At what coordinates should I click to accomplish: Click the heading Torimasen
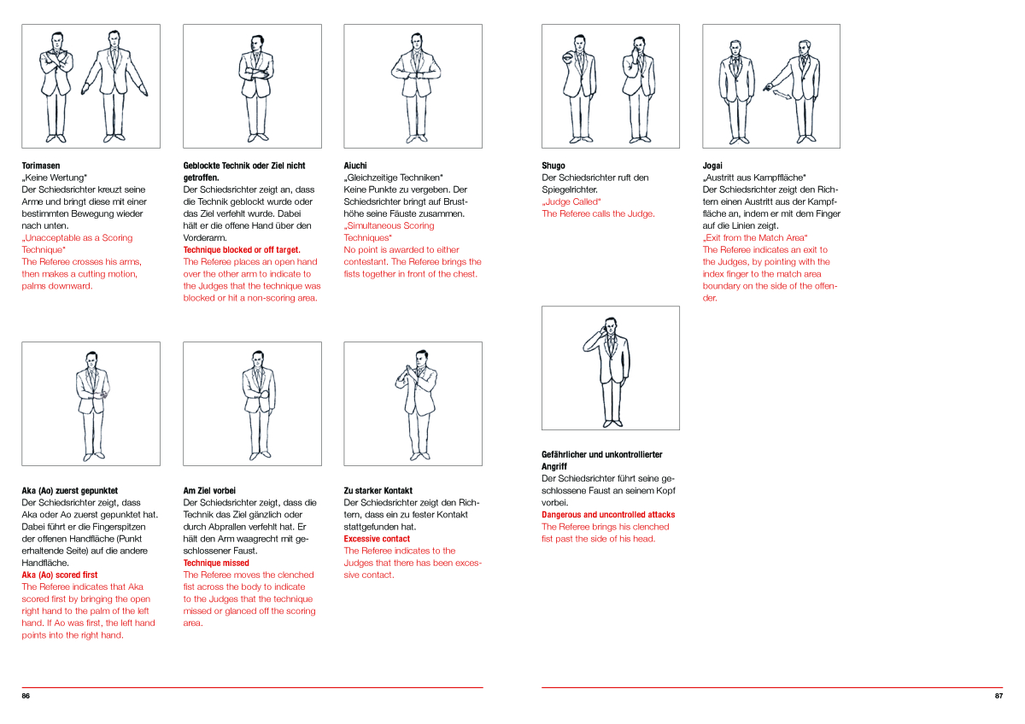point(41,166)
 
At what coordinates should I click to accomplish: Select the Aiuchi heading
point(356,166)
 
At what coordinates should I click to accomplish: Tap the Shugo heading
point(553,166)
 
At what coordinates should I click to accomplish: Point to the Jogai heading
point(712,166)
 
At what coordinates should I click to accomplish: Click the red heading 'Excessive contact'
point(377,539)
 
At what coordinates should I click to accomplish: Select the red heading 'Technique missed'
point(216,563)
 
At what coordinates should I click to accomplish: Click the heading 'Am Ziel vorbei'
point(209,491)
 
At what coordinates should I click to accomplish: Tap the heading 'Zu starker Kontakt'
point(378,491)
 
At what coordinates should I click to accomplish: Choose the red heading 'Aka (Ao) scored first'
point(60,575)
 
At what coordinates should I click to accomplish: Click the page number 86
point(26,697)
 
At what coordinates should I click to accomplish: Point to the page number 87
point(999,697)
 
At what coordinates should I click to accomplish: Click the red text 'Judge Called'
point(571,201)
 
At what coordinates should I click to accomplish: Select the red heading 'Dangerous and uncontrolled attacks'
point(608,515)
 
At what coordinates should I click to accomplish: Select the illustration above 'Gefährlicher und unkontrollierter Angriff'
point(610,367)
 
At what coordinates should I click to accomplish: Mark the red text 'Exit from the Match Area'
point(755,237)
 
